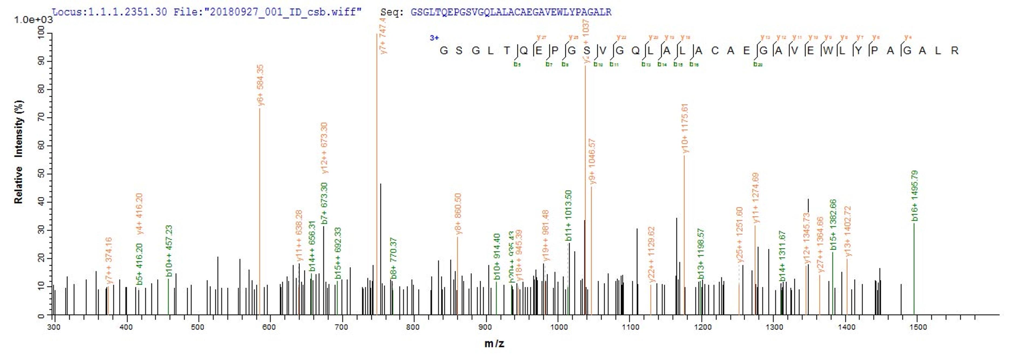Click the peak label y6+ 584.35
(260, 85)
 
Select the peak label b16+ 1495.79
(915, 195)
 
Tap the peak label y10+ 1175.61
(685, 128)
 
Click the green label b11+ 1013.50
(568, 216)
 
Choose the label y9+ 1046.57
(592, 162)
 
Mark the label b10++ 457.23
(169, 251)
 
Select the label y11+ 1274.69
(755, 198)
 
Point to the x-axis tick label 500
(197, 327)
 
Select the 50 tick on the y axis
(41, 173)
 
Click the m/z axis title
(494, 344)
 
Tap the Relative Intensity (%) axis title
(19, 152)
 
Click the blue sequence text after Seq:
(511, 12)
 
